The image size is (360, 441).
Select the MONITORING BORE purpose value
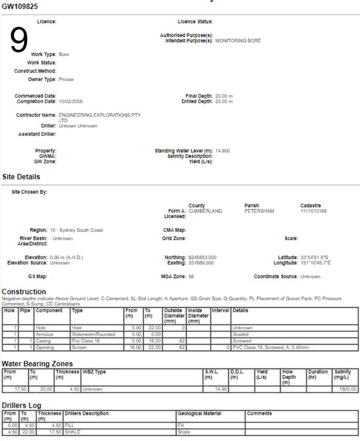click(238, 41)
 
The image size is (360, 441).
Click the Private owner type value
click(66, 79)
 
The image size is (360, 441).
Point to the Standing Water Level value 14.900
click(222, 151)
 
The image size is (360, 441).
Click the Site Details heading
click(21, 177)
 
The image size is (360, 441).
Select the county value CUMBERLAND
click(205, 211)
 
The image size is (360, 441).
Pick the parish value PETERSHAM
click(259, 211)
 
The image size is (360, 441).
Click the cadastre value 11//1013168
click(313, 211)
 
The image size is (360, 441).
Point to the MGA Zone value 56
click(191, 277)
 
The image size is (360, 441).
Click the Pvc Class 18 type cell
click(86, 341)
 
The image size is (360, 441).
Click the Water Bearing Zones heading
click(37, 364)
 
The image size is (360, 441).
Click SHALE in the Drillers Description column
click(73, 432)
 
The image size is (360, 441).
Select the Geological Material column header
click(199, 413)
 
